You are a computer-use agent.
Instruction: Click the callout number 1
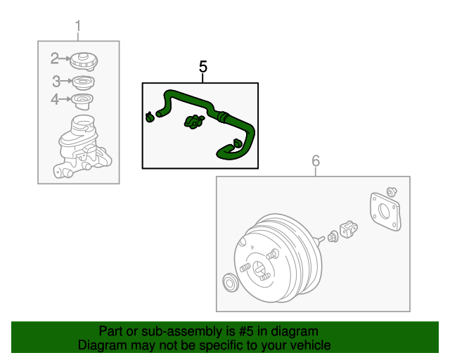tap(78, 27)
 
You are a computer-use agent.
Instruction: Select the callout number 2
tap(55, 58)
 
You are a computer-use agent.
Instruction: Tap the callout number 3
tap(56, 82)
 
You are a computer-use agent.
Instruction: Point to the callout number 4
tap(55, 99)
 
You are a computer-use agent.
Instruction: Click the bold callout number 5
tap(203, 67)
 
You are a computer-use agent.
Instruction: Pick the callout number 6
tap(316, 161)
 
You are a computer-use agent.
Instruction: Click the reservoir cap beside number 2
tap(84, 61)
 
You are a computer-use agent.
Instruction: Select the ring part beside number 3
tap(83, 83)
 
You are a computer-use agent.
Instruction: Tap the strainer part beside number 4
tap(82, 101)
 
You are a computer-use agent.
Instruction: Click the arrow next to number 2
tap(65, 59)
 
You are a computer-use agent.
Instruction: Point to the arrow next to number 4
tap(65, 99)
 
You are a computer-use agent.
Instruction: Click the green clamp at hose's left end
tap(150, 117)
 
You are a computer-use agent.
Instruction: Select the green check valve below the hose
tap(194, 122)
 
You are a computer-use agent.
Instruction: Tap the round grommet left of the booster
tap(230, 283)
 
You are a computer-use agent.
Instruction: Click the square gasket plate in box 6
tap(385, 212)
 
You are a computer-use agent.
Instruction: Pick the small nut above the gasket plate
tap(392, 192)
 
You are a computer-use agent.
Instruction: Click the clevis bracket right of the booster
tap(349, 229)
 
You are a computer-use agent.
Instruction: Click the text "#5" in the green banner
tap(246, 331)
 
